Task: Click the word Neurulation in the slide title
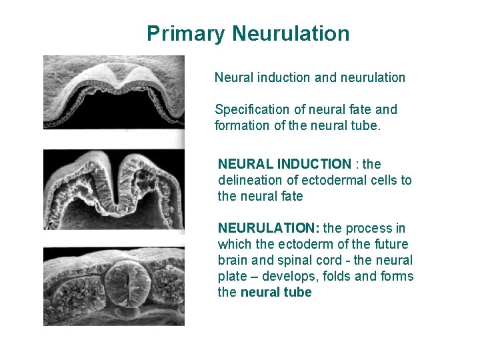point(291,33)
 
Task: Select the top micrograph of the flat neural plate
point(114,93)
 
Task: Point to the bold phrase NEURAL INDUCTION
point(284,164)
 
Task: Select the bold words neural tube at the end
point(276,292)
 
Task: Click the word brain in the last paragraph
point(233,260)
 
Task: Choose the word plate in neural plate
point(233,276)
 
